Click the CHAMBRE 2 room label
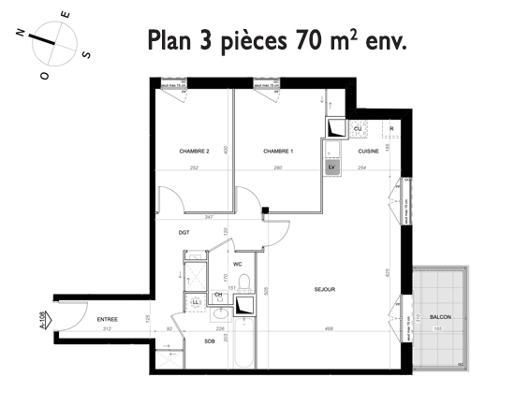click(193, 151)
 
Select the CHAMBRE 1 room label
click(278, 151)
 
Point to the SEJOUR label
click(325, 290)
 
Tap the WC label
click(238, 265)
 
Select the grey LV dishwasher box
click(331, 167)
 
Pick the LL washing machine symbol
click(197, 302)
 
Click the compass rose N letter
click(21, 32)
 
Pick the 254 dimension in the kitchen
click(361, 167)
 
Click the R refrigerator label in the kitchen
click(390, 127)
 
